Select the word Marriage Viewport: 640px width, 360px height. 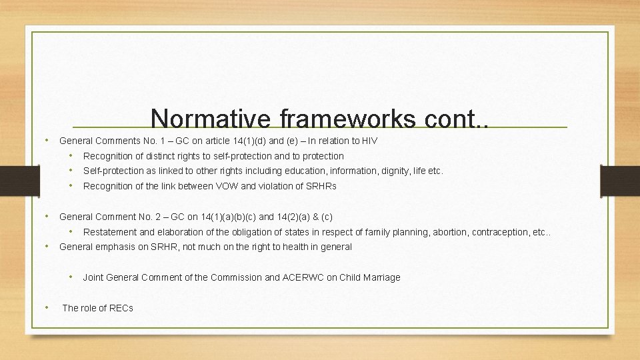click(380, 277)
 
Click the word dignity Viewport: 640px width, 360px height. click(395, 171)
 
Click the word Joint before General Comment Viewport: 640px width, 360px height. click(93, 277)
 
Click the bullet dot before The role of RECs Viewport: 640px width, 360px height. click(46, 307)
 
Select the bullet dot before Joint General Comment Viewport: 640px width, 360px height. click(71, 277)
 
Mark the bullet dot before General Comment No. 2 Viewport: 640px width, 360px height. click(46, 217)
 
